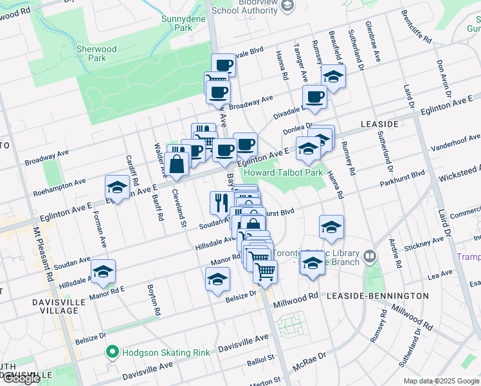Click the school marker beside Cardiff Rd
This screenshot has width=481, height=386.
click(x=117, y=187)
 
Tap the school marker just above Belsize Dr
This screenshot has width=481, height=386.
click(x=217, y=280)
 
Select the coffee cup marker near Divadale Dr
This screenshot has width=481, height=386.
click(x=314, y=97)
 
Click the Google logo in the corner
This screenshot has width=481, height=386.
click(x=21, y=378)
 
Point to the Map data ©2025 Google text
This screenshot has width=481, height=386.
click(x=440, y=381)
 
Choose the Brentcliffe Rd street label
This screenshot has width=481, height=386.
click(x=416, y=26)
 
